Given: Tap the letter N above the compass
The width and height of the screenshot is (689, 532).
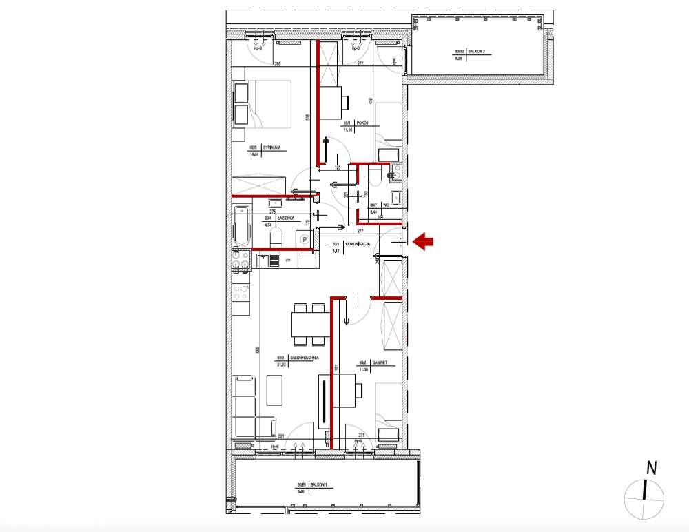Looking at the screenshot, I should pyautogui.click(x=650, y=469).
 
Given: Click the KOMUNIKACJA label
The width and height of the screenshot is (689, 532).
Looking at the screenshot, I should pyautogui.click(x=360, y=245).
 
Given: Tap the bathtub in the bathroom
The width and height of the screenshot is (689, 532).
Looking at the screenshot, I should pyautogui.click(x=240, y=227).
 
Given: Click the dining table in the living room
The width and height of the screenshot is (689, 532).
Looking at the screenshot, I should pyautogui.click(x=309, y=323).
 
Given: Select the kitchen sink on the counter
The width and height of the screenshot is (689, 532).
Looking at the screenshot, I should pyautogui.click(x=265, y=260).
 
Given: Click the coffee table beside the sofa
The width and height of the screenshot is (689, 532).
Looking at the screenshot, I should pyautogui.click(x=274, y=390).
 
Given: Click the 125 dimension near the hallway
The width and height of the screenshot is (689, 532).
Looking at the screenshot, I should pyautogui.click(x=338, y=167).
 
